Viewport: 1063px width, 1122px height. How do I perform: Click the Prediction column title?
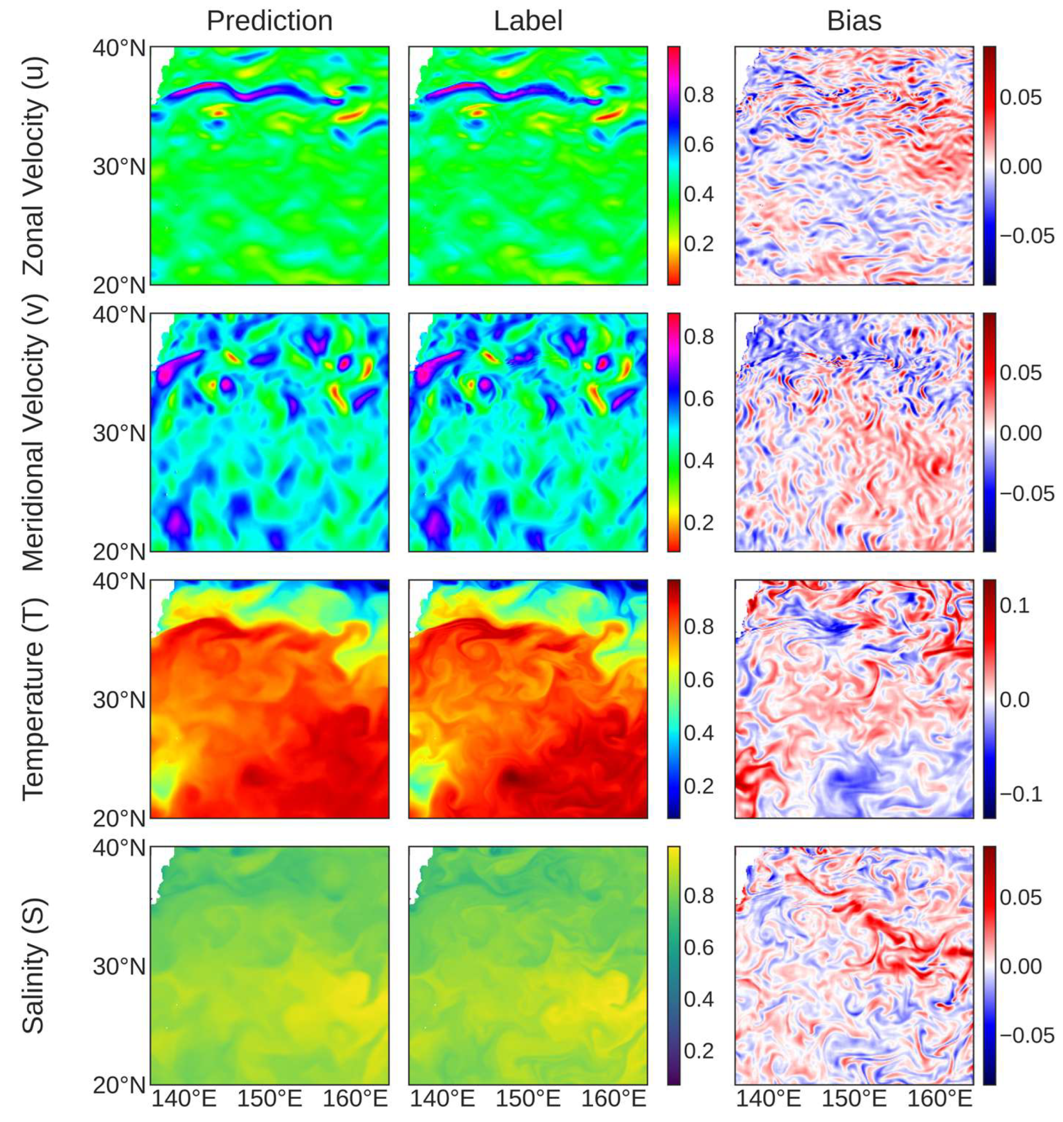pos(269,22)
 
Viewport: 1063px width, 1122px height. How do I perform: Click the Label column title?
pos(528,22)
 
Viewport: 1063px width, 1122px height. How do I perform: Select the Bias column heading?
pos(854,22)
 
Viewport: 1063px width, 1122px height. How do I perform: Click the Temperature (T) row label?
pos(34,700)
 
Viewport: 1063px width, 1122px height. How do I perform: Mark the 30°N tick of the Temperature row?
pos(119,701)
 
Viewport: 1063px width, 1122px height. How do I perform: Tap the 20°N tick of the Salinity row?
pos(119,1086)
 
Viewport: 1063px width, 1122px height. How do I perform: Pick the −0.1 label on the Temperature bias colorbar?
pos(1020,795)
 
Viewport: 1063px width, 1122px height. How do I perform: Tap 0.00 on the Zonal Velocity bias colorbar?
pos(1020,166)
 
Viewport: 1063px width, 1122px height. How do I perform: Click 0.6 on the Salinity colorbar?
pos(699,947)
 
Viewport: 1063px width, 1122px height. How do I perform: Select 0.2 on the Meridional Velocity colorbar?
pos(699,523)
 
